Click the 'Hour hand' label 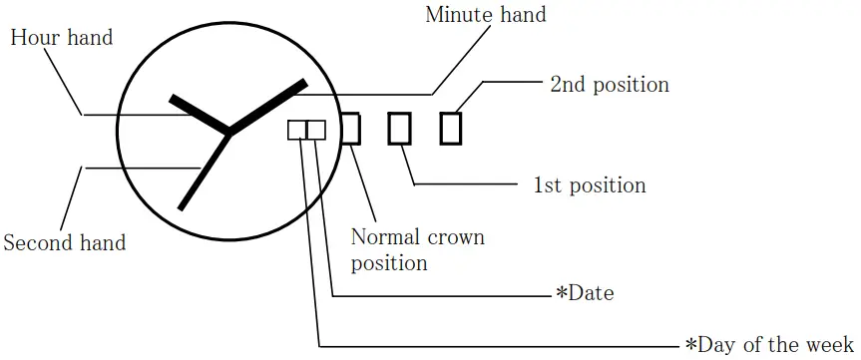click(x=61, y=39)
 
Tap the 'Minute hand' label click(x=486, y=15)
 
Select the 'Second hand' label click(x=65, y=242)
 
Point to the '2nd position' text click(x=610, y=84)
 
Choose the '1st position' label click(x=590, y=185)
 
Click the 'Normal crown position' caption click(x=417, y=250)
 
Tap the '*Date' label click(x=585, y=293)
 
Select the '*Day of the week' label click(x=770, y=345)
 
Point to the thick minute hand click(x=267, y=107)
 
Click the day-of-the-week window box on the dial click(x=297, y=131)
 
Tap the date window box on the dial click(x=316, y=131)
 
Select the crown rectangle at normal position click(x=350, y=129)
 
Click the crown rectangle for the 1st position click(x=400, y=129)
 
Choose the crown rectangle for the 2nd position click(x=451, y=129)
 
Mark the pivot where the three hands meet click(x=230, y=131)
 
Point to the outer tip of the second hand click(x=182, y=207)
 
